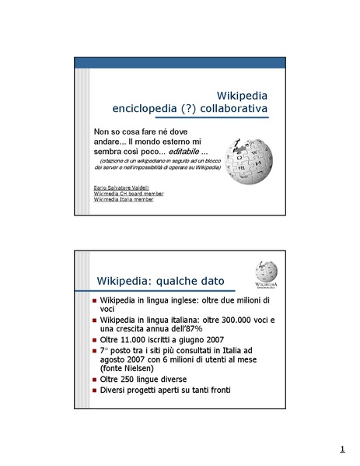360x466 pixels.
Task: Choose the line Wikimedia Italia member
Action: [x=123, y=200]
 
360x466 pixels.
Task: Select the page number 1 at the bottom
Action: [x=341, y=449]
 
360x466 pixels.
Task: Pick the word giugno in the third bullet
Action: [x=190, y=341]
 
